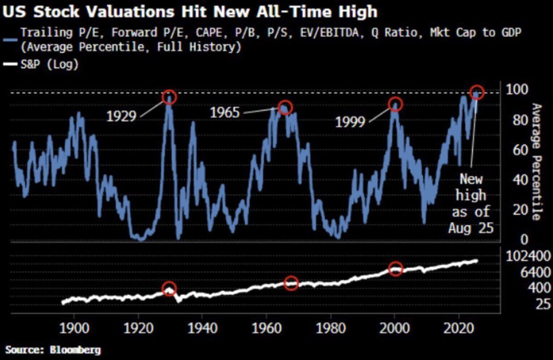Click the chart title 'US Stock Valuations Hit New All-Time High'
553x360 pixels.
pyautogui.click(x=190, y=11)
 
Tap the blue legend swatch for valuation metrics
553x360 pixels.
pyautogui.click(x=12, y=39)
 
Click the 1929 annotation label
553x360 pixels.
pyautogui.click(x=121, y=116)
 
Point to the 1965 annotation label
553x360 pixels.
pyautogui.click(x=225, y=112)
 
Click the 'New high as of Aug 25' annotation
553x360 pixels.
pyautogui.click(x=471, y=204)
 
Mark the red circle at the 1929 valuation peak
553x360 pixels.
pyautogui.click(x=170, y=97)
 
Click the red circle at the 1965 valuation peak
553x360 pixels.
pyautogui.click(x=285, y=107)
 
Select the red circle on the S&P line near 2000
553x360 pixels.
pyautogui.click(x=396, y=269)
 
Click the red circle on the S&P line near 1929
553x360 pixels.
pyautogui.click(x=169, y=289)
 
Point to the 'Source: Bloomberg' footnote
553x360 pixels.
pyautogui.click(x=53, y=350)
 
